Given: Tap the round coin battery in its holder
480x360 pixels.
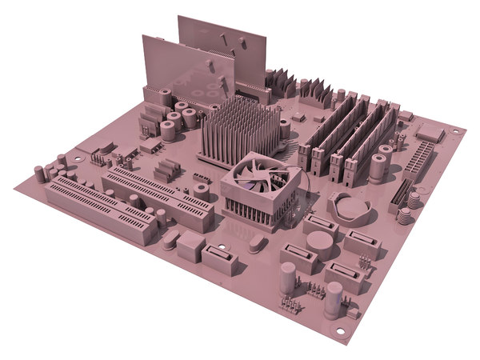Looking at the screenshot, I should click(x=352, y=208).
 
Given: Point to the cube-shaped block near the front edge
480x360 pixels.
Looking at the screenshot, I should click(x=191, y=245).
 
